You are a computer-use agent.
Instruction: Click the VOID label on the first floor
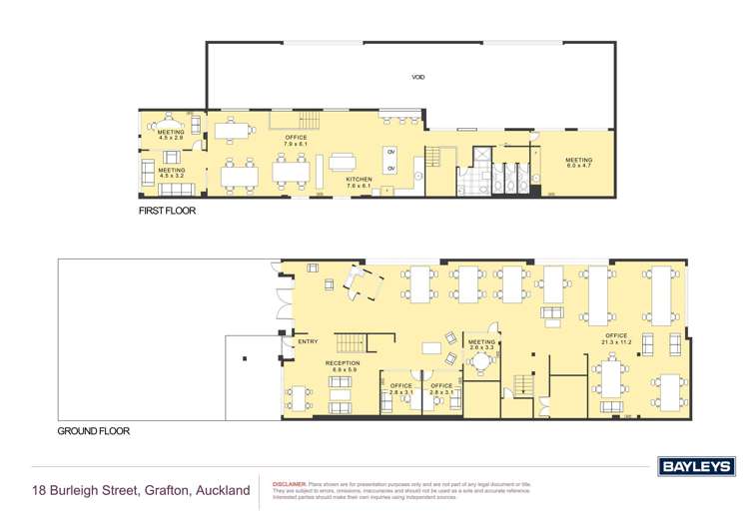pyautogui.click(x=418, y=77)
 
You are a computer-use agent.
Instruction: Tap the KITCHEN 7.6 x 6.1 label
pyautogui.click(x=358, y=183)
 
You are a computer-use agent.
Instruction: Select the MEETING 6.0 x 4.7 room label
pyautogui.click(x=578, y=163)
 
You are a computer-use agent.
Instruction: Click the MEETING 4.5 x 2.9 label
pyautogui.click(x=171, y=135)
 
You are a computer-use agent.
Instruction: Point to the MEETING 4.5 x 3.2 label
pyautogui.click(x=171, y=173)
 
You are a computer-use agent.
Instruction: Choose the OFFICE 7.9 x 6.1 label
pyautogui.click(x=296, y=141)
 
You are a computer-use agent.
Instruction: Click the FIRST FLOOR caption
pyautogui.click(x=168, y=212)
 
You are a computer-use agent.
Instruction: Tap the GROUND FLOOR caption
pyautogui.click(x=93, y=432)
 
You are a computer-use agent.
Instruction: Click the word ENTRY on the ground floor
pyautogui.click(x=308, y=343)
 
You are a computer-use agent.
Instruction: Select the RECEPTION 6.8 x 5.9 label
pyautogui.click(x=341, y=366)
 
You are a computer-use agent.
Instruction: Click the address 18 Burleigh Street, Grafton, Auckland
pyautogui.click(x=141, y=490)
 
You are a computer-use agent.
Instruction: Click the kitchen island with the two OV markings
pyautogui.click(x=392, y=160)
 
